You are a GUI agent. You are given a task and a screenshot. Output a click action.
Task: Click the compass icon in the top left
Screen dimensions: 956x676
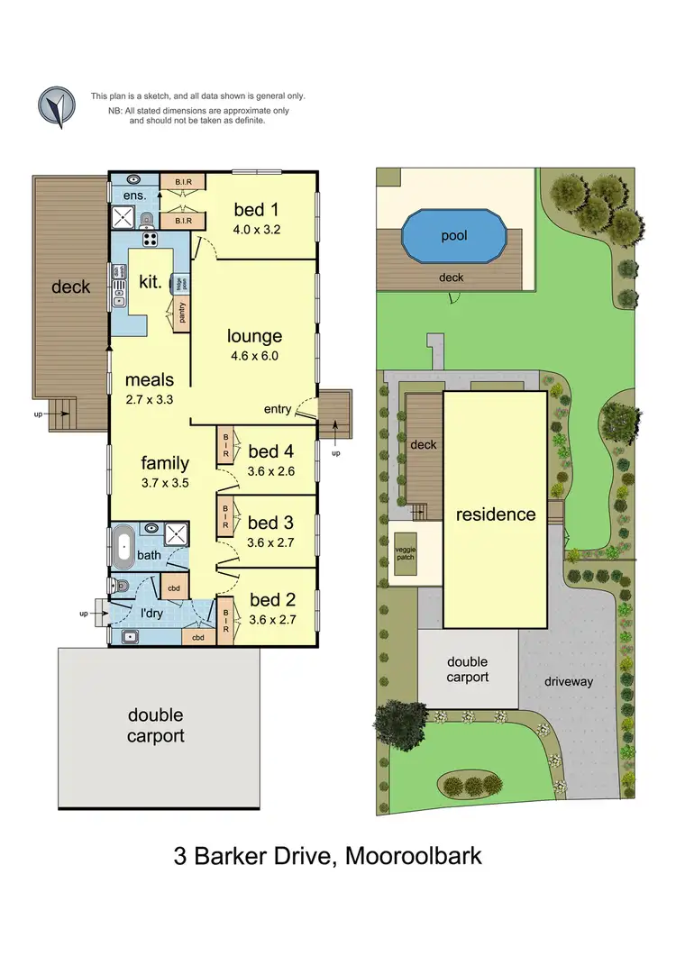56,106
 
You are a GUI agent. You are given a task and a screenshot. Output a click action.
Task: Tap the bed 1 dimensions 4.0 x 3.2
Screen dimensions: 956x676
257,229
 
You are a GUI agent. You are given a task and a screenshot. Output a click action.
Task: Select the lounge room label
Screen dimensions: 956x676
254,336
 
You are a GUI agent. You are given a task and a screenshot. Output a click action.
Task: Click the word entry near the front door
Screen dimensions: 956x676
278,410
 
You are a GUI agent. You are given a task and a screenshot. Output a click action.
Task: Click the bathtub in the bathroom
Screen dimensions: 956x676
124,544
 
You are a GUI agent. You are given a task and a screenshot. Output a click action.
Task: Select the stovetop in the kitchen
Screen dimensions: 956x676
150,240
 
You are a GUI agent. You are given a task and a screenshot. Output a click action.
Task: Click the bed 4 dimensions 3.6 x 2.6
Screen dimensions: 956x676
271,470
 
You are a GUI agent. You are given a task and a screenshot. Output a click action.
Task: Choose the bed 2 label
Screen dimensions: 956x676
271,600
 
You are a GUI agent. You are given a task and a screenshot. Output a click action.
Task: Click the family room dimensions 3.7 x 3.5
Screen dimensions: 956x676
165,483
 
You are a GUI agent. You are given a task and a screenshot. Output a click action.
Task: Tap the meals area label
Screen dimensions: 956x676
150,379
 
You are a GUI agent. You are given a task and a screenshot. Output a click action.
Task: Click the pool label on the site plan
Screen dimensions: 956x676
454,236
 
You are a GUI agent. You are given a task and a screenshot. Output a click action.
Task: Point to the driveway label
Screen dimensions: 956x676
569,681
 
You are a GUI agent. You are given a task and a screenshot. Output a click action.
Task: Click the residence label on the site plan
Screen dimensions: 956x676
495,514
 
